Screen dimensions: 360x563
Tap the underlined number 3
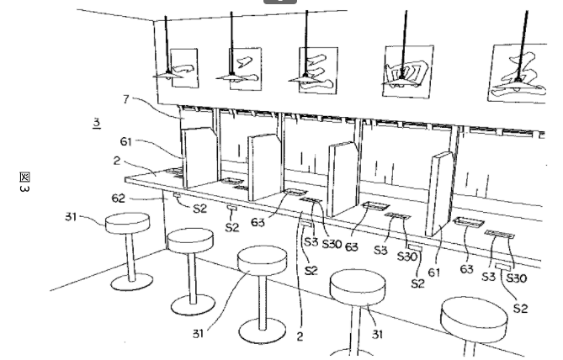tap(97, 123)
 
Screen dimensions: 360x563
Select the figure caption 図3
tap(24, 181)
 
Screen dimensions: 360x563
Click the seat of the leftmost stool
tap(127, 221)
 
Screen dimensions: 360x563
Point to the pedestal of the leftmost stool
tap(130, 252)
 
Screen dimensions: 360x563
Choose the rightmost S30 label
tap(517, 278)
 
